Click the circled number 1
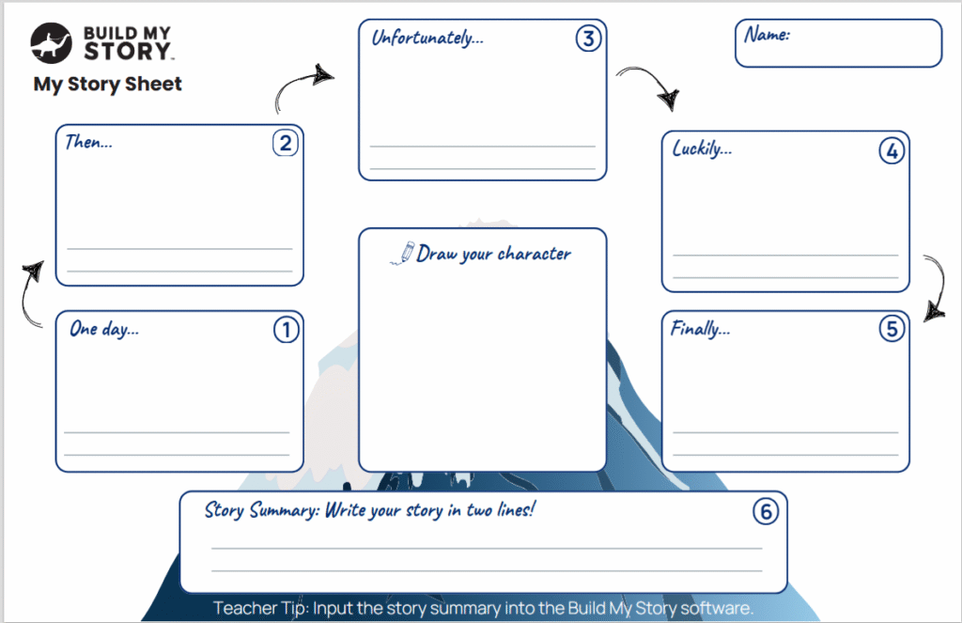(286, 330)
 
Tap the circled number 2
(286, 143)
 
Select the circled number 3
(588, 39)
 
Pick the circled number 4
(891, 150)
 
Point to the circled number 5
(892, 329)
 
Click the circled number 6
(767, 511)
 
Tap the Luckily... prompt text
(702, 148)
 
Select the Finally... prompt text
(700, 329)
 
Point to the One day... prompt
(104, 330)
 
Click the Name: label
(767, 35)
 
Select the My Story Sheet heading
(107, 85)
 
